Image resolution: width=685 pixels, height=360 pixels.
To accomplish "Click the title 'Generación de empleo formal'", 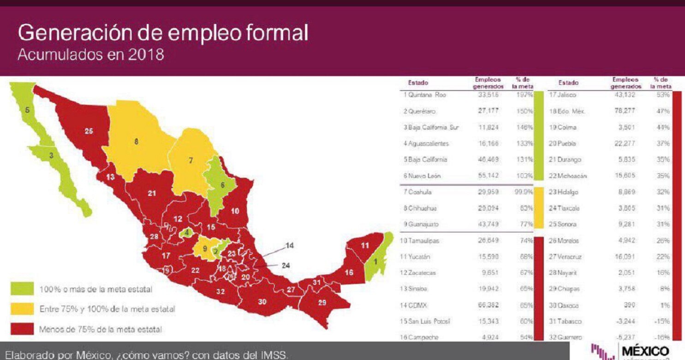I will tap(163, 34).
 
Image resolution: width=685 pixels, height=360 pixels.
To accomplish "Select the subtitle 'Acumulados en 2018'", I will tap(90, 55).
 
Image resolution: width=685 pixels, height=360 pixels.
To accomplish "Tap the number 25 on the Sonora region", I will tap(89, 131).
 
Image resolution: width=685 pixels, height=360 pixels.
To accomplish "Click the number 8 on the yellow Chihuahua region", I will tap(136, 142).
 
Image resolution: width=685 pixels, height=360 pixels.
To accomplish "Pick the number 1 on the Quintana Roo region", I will tap(375, 261).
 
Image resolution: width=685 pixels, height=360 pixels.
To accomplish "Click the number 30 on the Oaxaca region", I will tap(262, 302).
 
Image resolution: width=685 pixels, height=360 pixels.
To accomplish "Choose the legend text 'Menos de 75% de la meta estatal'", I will tap(101, 329).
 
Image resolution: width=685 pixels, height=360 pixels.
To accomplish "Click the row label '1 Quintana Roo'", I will tap(424, 95).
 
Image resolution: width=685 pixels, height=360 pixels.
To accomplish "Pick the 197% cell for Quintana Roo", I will tap(525, 95).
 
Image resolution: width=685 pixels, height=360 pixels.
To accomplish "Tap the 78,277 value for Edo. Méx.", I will tap(626, 111).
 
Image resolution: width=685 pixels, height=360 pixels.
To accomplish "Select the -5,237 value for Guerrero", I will tap(626, 337).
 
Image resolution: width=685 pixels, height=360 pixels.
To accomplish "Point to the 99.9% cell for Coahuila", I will tap(524, 192).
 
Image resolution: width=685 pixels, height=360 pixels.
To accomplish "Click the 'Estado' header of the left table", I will tap(418, 83).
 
